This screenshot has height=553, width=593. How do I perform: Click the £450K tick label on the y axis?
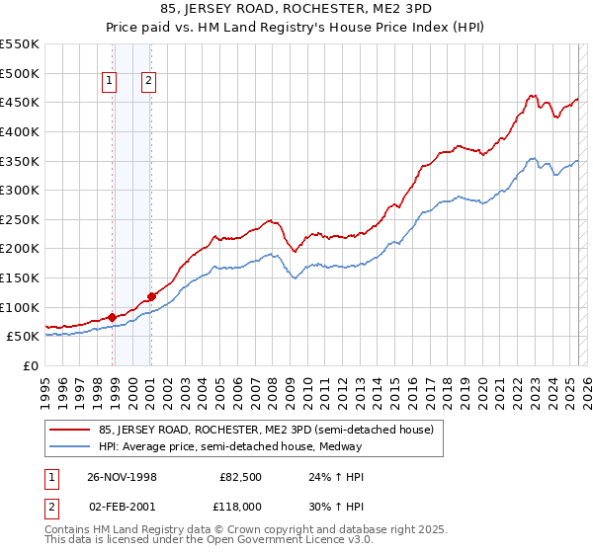click(20, 102)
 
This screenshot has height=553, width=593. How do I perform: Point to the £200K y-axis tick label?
click(20, 248)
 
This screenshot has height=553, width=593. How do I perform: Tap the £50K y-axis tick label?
click(24, 336)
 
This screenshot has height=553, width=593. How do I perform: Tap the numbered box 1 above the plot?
click(108, 83)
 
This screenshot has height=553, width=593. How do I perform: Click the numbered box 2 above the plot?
click(148, 83)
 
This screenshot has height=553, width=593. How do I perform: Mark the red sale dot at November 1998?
click(113, 317)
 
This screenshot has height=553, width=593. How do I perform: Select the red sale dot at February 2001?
click(151, 296)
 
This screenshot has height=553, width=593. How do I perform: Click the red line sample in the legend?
click(70, 430)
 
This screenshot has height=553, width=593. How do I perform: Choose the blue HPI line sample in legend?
click(70, 446)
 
